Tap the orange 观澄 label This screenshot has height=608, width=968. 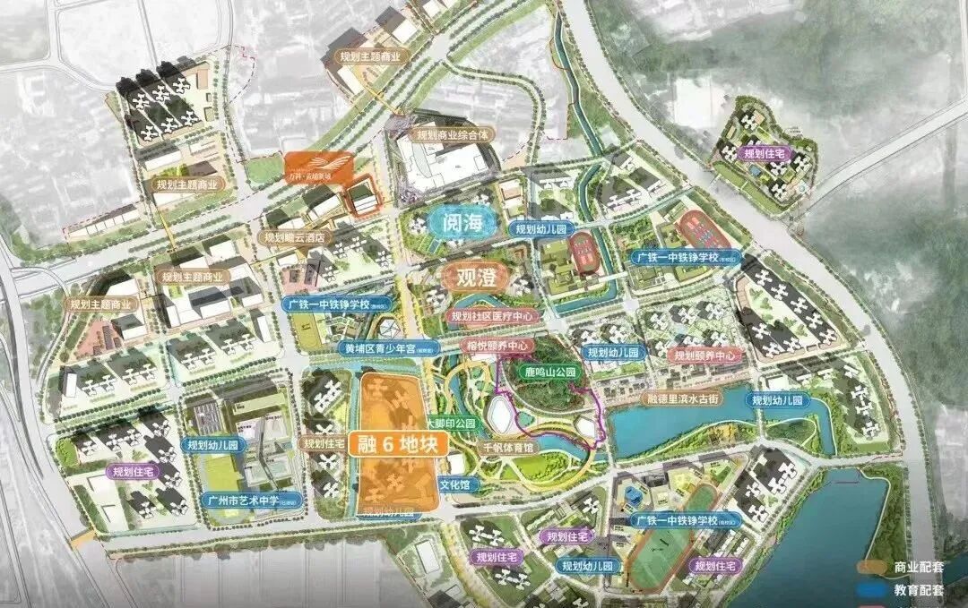pos(476,277)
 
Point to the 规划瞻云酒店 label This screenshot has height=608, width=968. pos(293,238)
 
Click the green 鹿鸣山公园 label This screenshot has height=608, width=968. pos(551,371)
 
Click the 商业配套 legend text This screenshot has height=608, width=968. pos(919,567)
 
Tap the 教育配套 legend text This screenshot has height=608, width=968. pos(919,590)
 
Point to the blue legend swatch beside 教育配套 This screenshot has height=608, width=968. pos(874,590)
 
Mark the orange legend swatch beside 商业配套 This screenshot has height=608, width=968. pos(874,567)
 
